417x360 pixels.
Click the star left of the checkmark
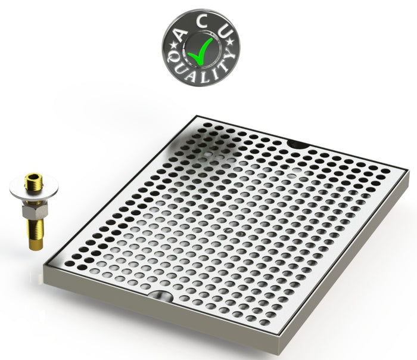point(175,45)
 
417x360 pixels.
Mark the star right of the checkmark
point(231,42)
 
